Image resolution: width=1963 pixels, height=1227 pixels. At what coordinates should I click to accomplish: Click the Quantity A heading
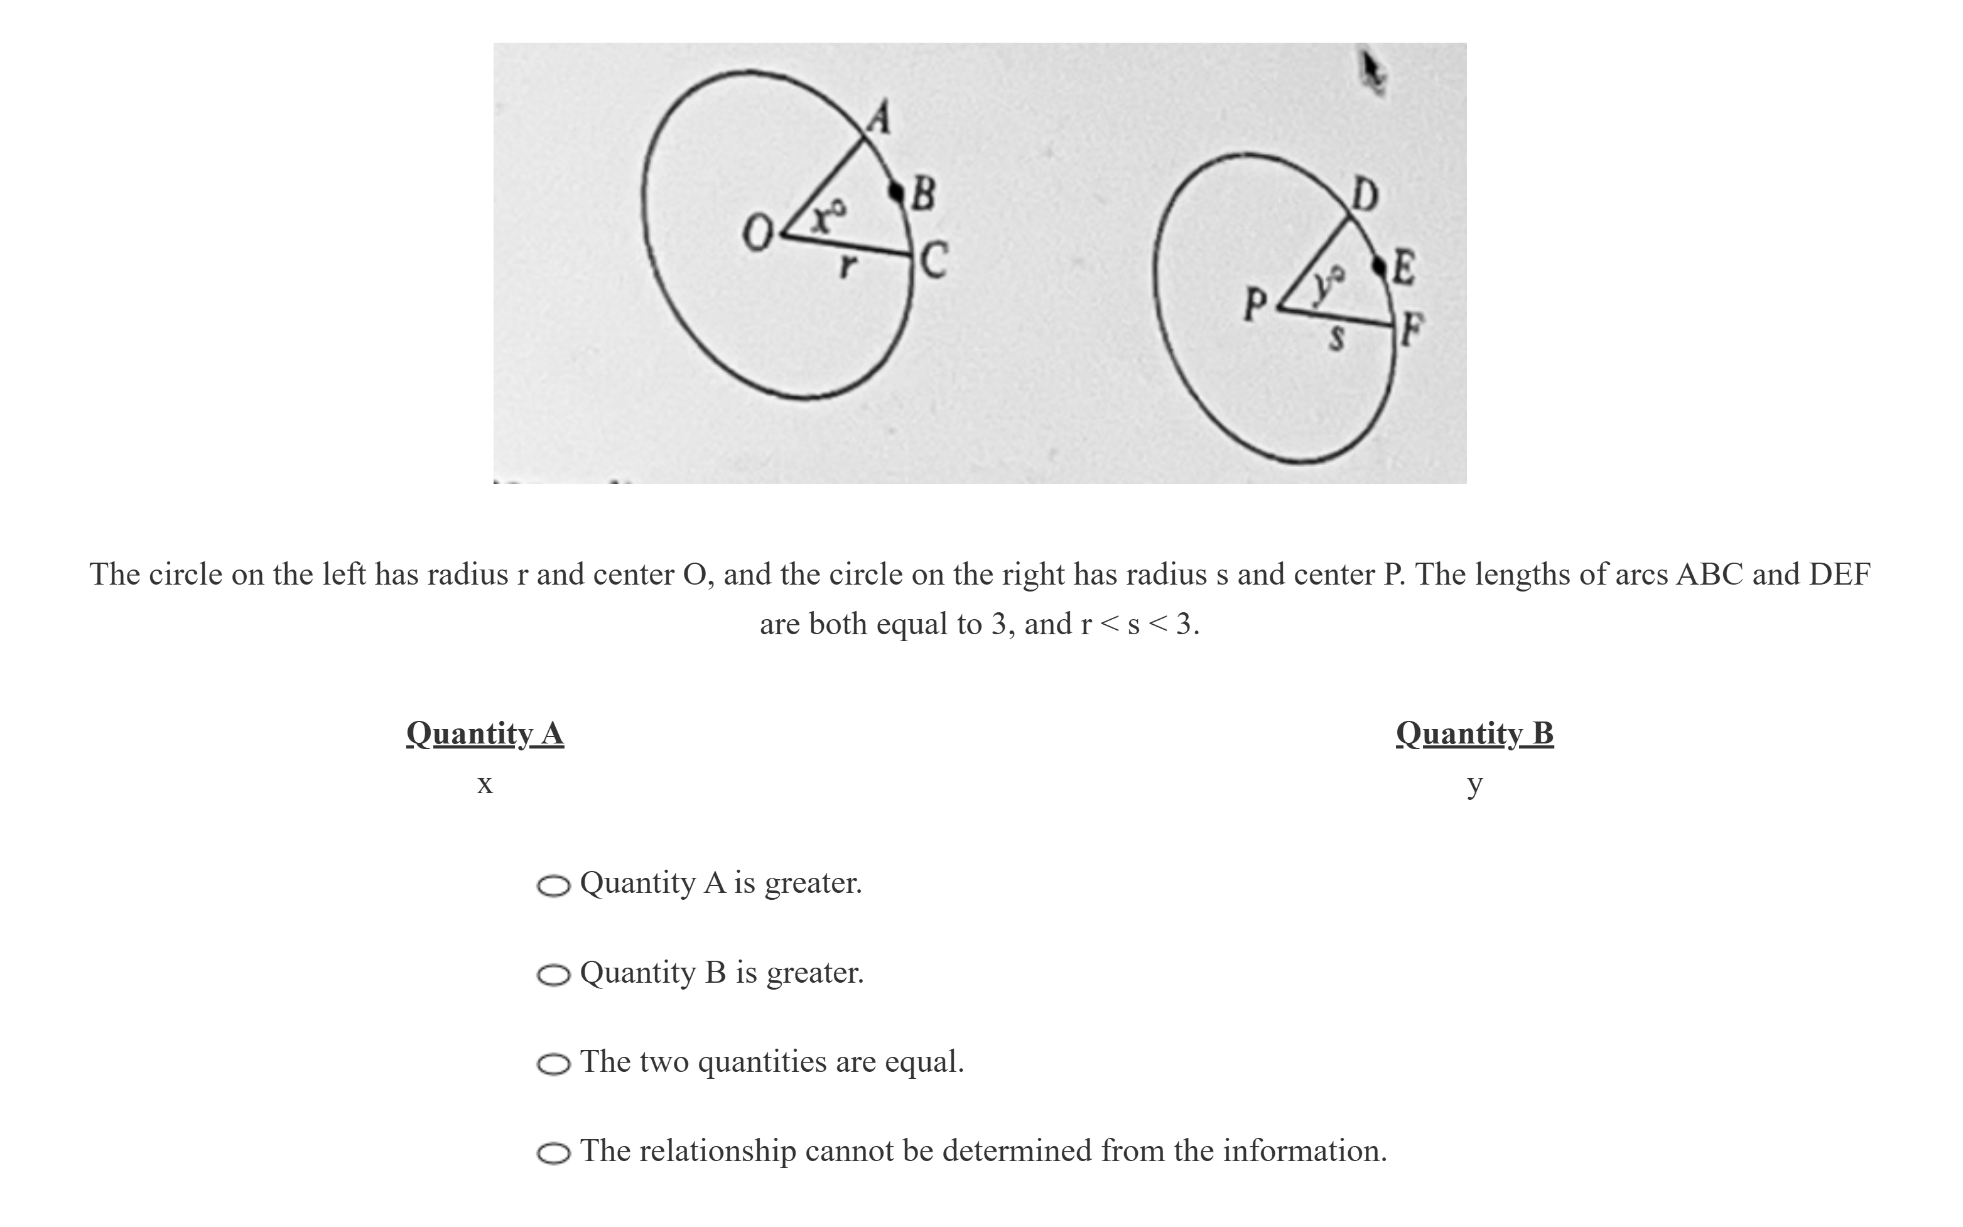(484, 733)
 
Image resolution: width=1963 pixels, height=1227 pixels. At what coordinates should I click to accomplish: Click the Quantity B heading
(1474, 733)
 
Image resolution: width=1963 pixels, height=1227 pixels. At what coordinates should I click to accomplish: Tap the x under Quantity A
(484, 784)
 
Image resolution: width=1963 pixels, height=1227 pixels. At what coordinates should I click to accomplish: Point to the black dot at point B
(896, 192)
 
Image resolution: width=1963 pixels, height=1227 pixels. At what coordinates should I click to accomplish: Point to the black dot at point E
(1379, 264)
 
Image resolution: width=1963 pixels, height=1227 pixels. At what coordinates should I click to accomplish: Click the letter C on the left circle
(933, 261)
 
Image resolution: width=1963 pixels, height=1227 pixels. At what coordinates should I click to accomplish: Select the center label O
(756, 236)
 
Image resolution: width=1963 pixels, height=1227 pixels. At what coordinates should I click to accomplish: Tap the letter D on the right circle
(1364, 195)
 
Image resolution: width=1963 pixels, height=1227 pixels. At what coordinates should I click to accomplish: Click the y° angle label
(1328, 285)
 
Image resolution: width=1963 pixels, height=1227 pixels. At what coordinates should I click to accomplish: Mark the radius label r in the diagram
(847, 266)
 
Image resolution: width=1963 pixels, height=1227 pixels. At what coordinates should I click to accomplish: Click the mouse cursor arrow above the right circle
(1372, 72)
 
